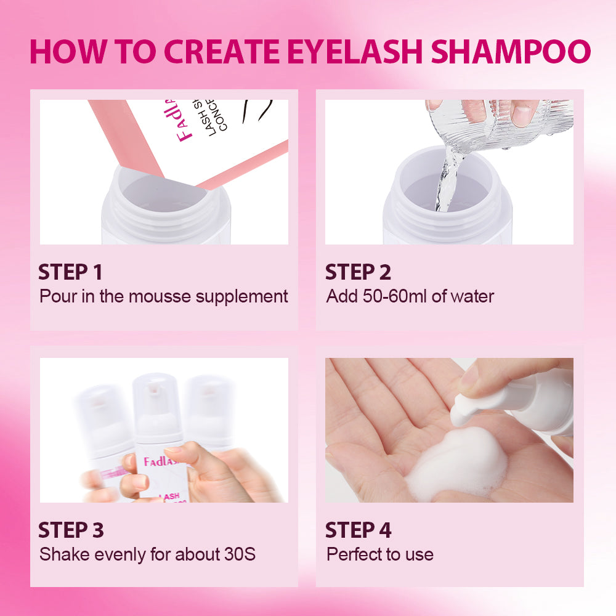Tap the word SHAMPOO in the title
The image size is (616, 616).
511,52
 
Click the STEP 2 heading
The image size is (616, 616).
358,272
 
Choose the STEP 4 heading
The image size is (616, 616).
358,530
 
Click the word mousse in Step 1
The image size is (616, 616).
162,296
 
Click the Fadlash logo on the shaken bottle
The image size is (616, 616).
161,462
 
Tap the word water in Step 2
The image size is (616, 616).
472,296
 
